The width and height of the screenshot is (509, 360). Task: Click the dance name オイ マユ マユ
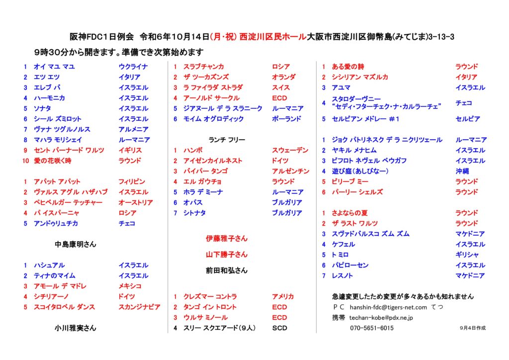click(54, 67)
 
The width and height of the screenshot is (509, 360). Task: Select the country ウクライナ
click(133, 67)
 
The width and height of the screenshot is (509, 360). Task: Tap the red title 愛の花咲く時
click(53, 161)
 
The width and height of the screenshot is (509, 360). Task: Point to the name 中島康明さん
click(76, 245)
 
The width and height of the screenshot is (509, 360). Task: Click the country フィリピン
click(132, 181)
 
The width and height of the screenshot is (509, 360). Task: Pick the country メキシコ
click(130, 286)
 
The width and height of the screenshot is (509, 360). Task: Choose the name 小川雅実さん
click(76, 328)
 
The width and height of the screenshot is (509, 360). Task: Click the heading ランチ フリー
click(227, 140)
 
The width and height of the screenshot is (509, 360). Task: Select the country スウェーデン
click(290, 150)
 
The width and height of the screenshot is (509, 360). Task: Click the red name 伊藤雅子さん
click(227, 239)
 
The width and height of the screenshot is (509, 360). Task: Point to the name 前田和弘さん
click(227, 270)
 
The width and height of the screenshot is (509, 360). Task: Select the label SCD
click(279, 328)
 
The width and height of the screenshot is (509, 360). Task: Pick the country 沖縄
click(462, 171)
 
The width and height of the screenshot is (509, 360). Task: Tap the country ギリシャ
click(466, 255)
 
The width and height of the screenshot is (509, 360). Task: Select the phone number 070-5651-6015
click(372, 328)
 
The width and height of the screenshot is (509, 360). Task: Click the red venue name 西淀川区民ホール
click(273, 37)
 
